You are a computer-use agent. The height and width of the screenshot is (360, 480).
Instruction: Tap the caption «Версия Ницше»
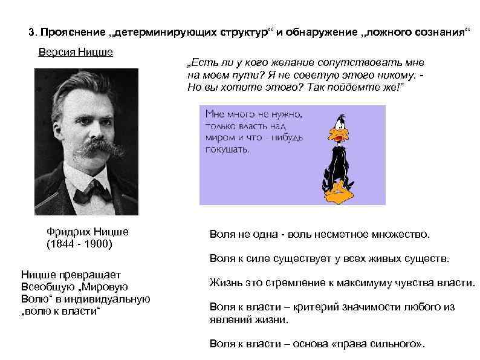[x=76, y=51]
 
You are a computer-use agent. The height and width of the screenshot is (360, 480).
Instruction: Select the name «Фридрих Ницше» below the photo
[x=88, y=232]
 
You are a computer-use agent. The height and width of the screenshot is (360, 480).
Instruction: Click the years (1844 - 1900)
[x=79, y=244]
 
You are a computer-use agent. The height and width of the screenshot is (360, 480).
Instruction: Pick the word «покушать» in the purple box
[x=227, y=149]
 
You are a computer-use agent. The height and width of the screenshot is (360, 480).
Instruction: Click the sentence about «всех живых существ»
[x=329, y=258]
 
